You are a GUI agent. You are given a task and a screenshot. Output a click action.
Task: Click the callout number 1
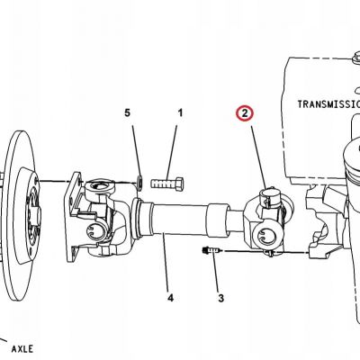click(180, 113)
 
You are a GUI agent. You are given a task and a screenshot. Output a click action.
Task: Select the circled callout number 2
click(245, 113)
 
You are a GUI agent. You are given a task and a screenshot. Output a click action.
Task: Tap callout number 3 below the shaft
click(220, 298)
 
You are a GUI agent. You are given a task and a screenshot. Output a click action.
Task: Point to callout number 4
click(170, 298)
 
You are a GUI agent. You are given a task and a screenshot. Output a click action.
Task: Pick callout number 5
click(128, 113)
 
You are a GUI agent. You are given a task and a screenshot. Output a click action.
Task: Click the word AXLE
click(22, 349)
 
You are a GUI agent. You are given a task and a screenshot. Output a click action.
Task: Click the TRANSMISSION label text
click(328, 104)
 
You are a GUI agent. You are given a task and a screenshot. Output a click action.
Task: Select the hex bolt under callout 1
click(167, 184)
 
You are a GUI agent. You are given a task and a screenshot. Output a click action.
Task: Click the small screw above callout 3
click(211, 249)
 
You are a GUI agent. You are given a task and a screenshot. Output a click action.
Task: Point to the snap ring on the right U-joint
click(265, 236)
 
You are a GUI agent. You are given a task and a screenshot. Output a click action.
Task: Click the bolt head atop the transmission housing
click(357, 57)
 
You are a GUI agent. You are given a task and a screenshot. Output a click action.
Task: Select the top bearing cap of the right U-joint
click(269, 194)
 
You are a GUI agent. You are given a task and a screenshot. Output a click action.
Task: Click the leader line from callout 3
click(216, 273)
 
